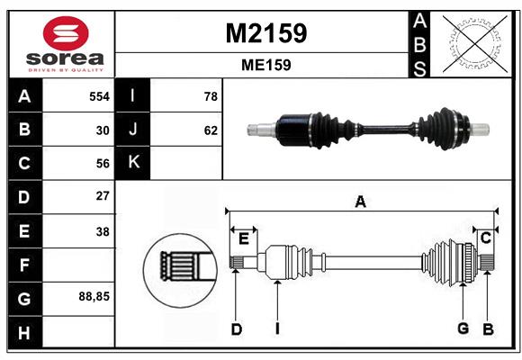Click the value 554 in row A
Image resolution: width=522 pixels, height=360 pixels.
coord(98,96)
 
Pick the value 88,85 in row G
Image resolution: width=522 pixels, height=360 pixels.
coord(94,295)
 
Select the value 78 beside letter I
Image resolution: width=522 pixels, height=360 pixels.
coord(211,96)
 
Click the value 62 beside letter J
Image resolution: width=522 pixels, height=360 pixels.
coord(211,130)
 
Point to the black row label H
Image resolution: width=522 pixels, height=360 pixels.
coord(25,333)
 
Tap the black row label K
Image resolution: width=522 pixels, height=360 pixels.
coord(134,163)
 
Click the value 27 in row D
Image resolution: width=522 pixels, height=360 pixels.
coord(102,195)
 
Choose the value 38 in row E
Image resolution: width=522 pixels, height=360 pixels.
coord(102,230)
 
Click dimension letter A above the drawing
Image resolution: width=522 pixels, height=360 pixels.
coord(360,202)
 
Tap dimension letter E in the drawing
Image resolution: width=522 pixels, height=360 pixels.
coord(243,238)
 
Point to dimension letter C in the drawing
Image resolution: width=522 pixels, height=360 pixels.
coord(485,238)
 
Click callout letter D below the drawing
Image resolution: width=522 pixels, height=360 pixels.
coord(237,329)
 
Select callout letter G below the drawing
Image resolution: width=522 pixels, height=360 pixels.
coord(463,329)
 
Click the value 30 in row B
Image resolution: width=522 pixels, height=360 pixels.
coord(102,130)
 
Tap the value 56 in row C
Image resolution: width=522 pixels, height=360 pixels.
coord(102,163)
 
